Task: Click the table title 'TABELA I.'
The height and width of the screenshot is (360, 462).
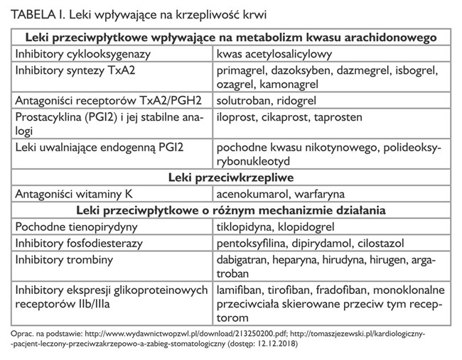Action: coord(35,14)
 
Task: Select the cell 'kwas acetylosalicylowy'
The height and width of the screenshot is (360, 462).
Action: coord(275,53)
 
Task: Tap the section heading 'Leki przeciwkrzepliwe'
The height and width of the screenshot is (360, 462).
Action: coord(231,176)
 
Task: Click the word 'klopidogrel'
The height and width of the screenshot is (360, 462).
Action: coord(307,226)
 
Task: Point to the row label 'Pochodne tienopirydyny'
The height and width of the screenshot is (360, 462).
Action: coord(75,226)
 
